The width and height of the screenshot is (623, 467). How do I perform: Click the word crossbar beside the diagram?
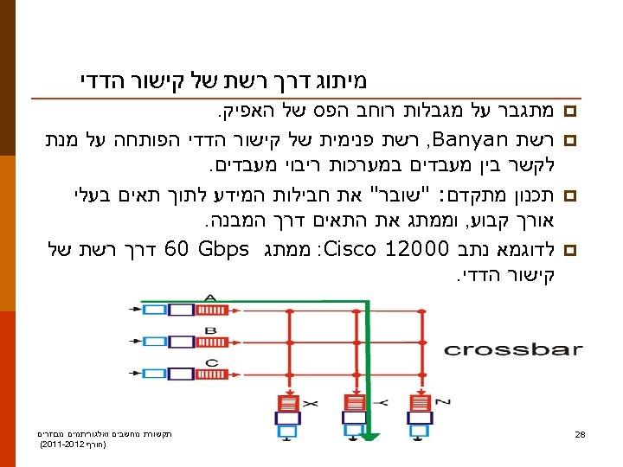(x=512, y=349)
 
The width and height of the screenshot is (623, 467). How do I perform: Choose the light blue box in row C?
(x=155, y=370)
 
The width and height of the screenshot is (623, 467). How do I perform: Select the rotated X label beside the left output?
(x=310, y=402)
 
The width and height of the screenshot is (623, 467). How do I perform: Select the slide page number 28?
(x=581, y=433)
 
